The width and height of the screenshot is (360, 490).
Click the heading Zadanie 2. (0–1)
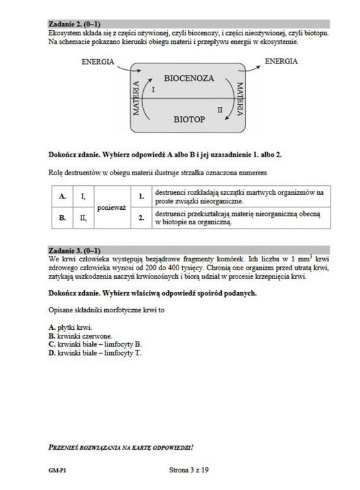point(74,24)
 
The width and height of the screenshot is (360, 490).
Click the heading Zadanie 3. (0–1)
point(74,250)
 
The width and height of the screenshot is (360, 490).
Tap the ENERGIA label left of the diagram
point(98,62)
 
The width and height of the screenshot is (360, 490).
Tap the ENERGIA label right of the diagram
point(281,62)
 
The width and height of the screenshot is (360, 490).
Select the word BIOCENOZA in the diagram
point(189,78)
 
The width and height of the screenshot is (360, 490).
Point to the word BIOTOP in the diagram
point(189,119)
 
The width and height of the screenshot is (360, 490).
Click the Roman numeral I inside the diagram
point(153,90)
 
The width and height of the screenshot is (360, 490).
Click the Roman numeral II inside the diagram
point(220,110)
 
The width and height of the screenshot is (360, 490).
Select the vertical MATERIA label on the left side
point(136,98)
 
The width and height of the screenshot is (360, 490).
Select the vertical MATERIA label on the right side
point(240,99)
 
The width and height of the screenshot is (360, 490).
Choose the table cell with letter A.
point(62,196)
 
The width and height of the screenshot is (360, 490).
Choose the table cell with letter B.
point(62,217)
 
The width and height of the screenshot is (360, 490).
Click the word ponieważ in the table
point(112,207)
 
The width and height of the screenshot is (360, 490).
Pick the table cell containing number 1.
point(141,196)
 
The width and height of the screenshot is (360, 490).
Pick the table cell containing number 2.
point(141,217)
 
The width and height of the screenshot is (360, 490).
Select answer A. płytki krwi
point(70,327)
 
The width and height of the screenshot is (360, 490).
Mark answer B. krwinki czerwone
point(80,336)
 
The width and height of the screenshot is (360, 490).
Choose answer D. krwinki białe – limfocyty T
point(95,353)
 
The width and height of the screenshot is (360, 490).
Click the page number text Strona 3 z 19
point(188,470)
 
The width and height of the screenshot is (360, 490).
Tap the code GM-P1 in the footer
point(57,471)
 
